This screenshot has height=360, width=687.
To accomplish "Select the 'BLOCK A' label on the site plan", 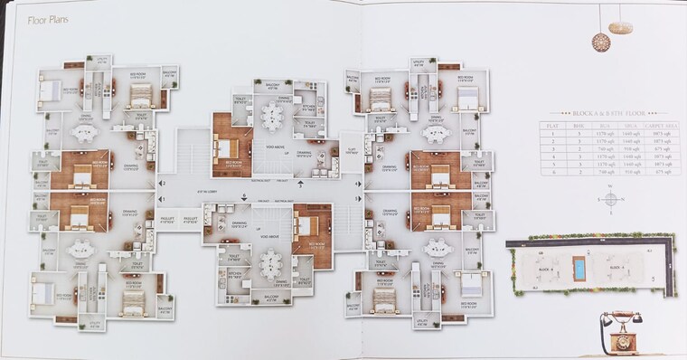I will (542, 269).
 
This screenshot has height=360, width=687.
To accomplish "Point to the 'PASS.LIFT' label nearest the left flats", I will (167, 218).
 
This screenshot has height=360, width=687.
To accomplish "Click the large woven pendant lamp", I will (600, 42).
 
